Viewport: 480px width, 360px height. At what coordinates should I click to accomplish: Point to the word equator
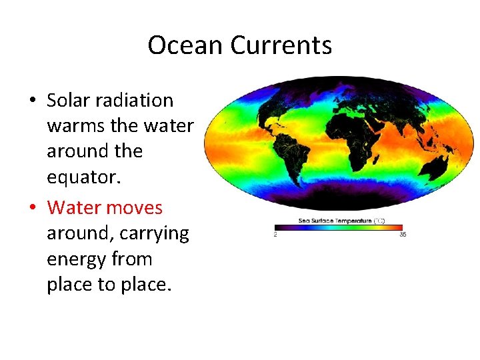(81, 177)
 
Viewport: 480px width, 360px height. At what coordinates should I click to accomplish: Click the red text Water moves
(105, 207)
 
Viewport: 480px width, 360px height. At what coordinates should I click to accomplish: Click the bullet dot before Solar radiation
(32, 101)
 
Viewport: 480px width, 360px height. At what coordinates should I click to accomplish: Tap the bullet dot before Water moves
(32, 208)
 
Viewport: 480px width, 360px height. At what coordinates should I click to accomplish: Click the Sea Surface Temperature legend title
(339, 220)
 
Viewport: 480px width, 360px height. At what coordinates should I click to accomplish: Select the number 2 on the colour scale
(276, 235)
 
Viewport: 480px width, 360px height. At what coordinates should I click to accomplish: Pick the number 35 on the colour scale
(402, 235)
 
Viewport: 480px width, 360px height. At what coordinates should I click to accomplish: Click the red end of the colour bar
(400, 227)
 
